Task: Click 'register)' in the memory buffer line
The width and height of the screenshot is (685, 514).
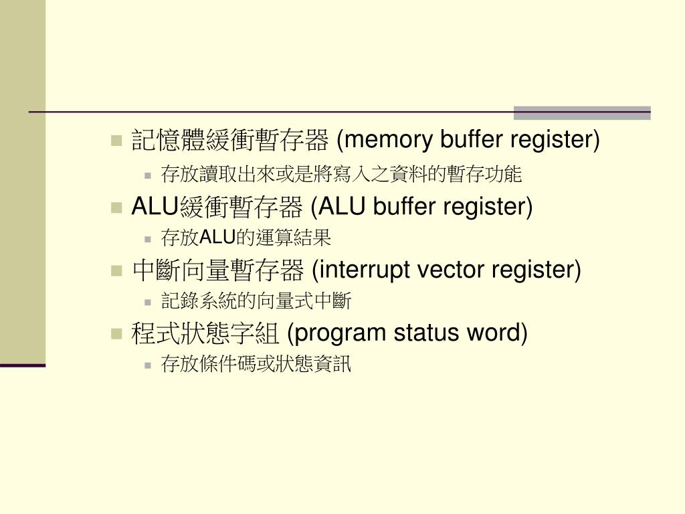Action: [556, 141]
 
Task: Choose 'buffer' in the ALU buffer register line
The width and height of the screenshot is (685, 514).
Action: [405, 207]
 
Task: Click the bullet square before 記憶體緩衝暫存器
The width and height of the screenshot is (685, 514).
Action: [116, 141]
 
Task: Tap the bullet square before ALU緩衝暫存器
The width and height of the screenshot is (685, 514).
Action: [116, 207]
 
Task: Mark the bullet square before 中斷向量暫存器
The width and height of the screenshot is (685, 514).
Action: [116, 271]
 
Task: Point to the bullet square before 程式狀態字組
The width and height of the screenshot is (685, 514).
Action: [116, 333]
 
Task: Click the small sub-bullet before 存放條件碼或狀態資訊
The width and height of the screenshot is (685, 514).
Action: [148, 365]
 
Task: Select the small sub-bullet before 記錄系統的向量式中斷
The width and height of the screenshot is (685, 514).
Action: [148, 302]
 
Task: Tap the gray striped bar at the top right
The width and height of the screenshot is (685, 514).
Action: [582, 112]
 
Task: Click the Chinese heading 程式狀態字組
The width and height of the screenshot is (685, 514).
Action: [207, 333]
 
